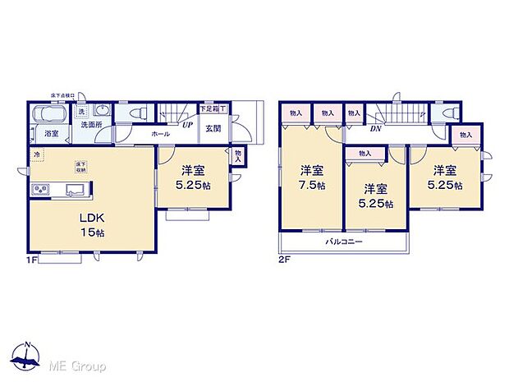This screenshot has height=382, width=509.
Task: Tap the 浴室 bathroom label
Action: point(52,133)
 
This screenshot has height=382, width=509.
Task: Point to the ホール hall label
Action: point(161,133)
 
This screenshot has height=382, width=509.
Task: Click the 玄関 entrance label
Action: point(213,129)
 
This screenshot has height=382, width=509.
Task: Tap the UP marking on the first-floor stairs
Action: point(187,126)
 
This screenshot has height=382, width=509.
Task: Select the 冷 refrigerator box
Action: point(37,154)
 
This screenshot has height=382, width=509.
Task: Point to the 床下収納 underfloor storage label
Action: point(82,167)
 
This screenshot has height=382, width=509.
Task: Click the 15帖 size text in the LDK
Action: point(91,233)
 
